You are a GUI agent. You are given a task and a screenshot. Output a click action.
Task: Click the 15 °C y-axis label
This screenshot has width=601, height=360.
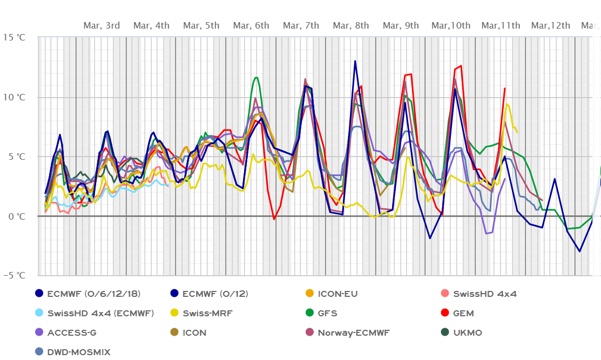click(14, 37)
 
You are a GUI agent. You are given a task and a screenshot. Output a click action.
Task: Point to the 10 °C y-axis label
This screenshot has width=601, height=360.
click(14, 97)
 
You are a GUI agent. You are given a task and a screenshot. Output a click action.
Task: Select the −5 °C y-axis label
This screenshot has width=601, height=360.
click(14, 275)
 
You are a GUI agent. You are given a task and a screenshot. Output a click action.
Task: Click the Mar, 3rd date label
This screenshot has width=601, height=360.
click(102, 25)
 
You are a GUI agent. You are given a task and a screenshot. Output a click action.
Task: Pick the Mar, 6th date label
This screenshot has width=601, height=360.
click(251, 25)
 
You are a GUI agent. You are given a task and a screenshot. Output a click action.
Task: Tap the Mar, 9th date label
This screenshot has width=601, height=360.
click(401, 25)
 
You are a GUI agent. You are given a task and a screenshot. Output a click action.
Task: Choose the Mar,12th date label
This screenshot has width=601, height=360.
click(551, 25)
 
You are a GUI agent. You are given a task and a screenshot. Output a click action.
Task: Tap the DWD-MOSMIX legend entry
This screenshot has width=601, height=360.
click(78, 352)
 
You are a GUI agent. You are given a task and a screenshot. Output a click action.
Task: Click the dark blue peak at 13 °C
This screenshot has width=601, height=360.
click(355, 61)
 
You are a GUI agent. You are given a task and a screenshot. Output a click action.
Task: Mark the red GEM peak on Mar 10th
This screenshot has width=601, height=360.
click(461, 66)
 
